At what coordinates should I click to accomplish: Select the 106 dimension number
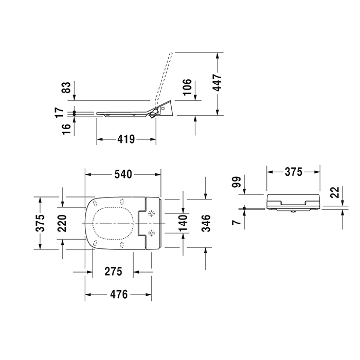(187, 87)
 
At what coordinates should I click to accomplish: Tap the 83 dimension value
(65, 88)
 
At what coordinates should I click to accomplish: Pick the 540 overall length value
(123, 175)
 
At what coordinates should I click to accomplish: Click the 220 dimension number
(63, 223)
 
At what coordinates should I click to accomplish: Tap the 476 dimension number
(118, 295)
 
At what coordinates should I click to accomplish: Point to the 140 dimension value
(182, 223)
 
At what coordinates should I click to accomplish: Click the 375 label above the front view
(293, 172)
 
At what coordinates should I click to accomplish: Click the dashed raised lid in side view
(164, 77)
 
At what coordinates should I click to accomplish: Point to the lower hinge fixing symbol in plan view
(151, 234)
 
